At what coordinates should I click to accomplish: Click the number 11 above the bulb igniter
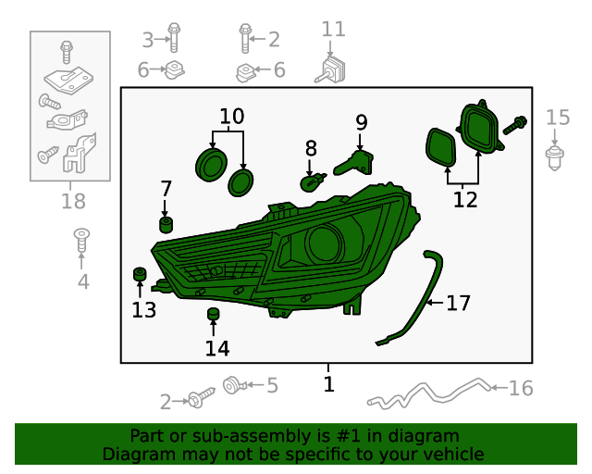[333, 30]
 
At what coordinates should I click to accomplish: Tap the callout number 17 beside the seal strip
[459, 303]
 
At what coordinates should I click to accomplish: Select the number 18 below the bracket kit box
[73, 201]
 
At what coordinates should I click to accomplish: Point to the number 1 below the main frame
[329, 384]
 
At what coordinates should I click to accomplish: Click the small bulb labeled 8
[313, 182]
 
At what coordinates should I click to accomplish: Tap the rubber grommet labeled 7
[166, 225]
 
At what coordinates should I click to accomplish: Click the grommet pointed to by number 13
[140, 274]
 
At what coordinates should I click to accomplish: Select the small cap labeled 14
[214, 314]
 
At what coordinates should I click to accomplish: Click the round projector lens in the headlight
[324, 243]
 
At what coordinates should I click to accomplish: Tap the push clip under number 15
[555, 158]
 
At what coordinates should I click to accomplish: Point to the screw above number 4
[81, 240]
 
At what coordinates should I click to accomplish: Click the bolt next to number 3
[174, 38]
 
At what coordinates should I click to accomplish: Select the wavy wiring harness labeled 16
[429, 393]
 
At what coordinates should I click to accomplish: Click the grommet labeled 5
[234, 385]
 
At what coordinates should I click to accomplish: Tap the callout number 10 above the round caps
[232, 117]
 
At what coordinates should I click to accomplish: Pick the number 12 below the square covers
[465, 200]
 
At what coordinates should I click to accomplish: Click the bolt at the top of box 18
[67, 52]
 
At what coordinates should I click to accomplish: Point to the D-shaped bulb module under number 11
[330, 70]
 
